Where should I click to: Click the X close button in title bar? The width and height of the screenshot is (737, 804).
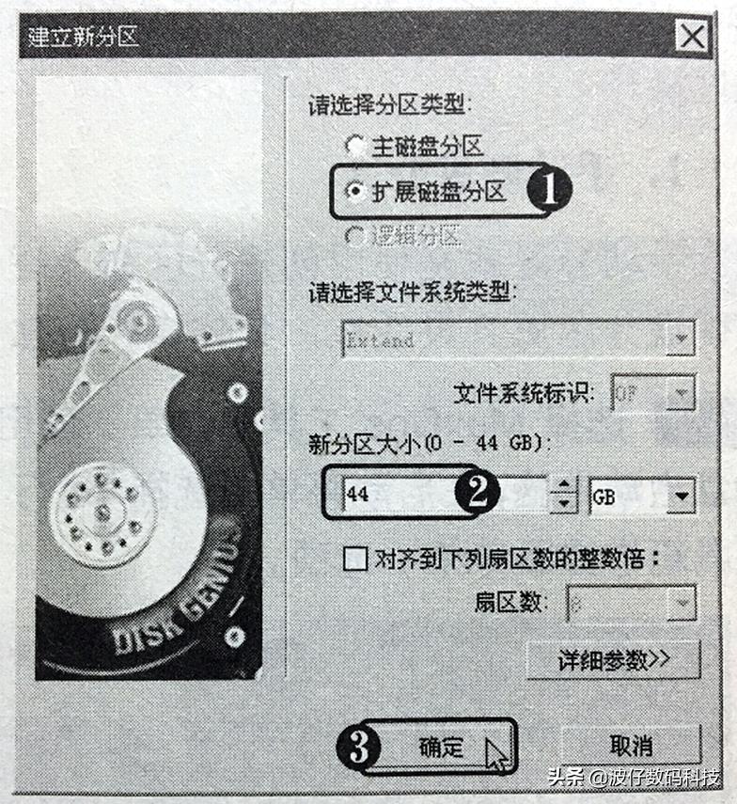(692, 37)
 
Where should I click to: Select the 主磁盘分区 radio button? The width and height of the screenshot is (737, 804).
(353, 147)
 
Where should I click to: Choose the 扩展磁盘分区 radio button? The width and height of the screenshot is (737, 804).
(353, 192)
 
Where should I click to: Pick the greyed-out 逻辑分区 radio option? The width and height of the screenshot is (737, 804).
(353, 237)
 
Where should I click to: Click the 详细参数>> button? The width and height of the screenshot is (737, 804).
(613, 660)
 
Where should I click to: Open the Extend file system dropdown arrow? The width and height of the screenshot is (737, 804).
(679, 339)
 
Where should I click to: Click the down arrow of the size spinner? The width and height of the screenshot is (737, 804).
(562, 504)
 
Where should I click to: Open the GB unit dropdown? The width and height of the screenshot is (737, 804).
(681, 495)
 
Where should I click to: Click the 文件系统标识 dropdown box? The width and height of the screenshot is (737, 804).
(651, 393)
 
